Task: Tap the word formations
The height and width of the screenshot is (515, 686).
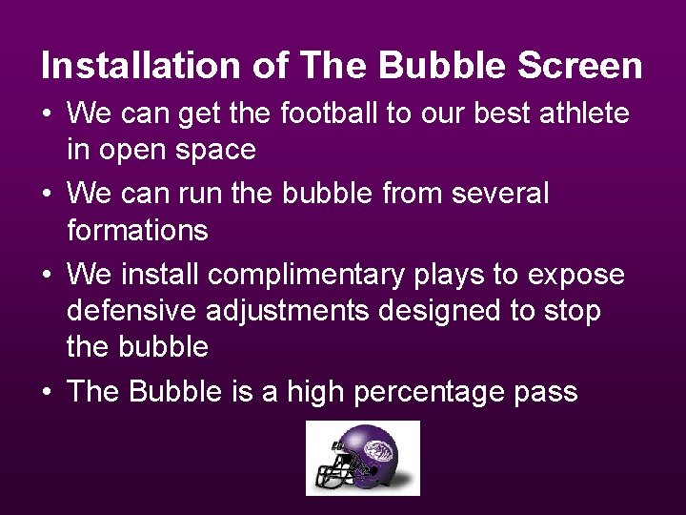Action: click(x=137, y=230)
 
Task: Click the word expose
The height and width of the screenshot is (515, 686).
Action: click(x=576, y=276)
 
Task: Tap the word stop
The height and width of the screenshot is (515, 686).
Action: click(x=571, y=311)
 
